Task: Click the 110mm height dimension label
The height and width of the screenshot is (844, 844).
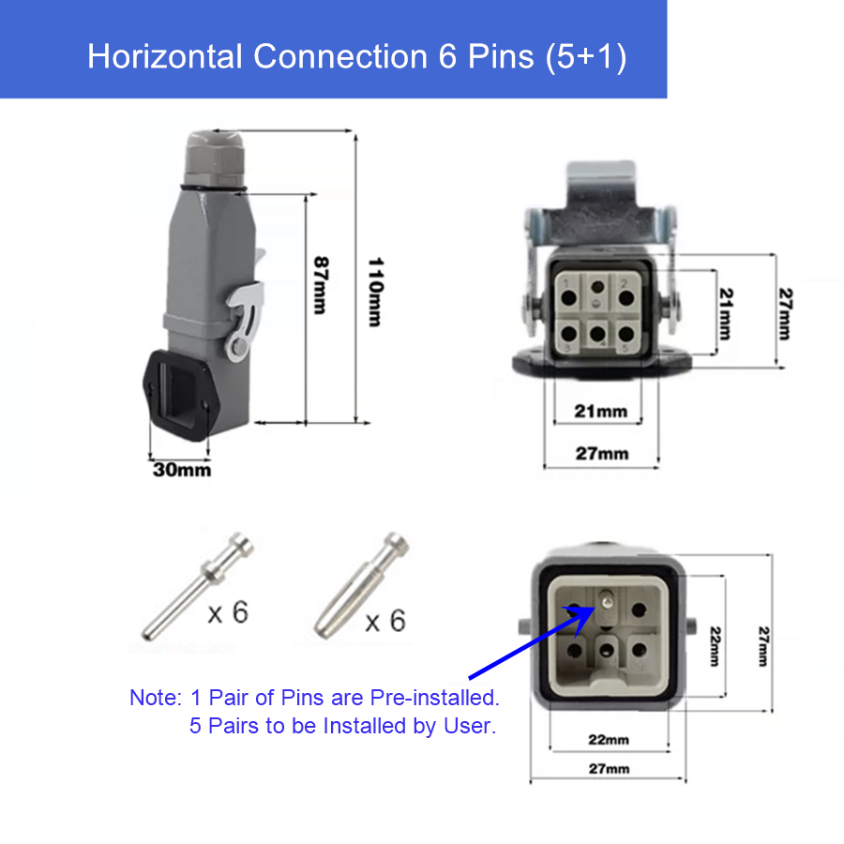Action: pos(375,292)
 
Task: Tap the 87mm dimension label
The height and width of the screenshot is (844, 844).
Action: pos(321,285)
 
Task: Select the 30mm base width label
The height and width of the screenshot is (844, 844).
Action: pos(182,470)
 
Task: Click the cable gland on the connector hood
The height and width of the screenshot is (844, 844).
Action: pos(214,158)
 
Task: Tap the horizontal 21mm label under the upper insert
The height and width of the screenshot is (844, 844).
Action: pos(601,412)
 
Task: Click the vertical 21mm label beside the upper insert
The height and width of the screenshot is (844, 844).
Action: pos(726,314)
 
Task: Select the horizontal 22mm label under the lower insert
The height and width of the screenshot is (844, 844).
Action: pos(609,740)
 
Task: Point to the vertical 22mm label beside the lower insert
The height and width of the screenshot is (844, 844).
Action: pos(715,646)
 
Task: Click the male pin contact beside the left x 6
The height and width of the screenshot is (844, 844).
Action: pos(197,586)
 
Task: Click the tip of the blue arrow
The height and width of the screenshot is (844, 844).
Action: pos(595,607)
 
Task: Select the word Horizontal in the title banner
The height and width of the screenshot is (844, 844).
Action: pos(164,56)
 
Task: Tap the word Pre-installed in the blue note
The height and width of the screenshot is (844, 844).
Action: pos(435,698)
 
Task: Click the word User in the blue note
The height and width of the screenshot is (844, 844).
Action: pos(470,726)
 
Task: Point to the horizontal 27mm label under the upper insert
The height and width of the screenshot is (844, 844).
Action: pos(602,454)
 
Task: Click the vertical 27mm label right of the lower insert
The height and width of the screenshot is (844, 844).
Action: pos(763,646)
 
